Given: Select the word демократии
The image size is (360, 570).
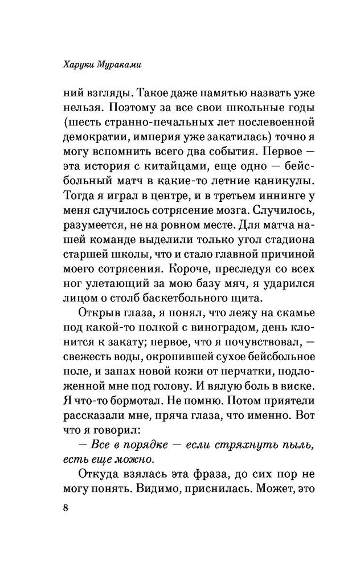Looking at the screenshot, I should (95, 137).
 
